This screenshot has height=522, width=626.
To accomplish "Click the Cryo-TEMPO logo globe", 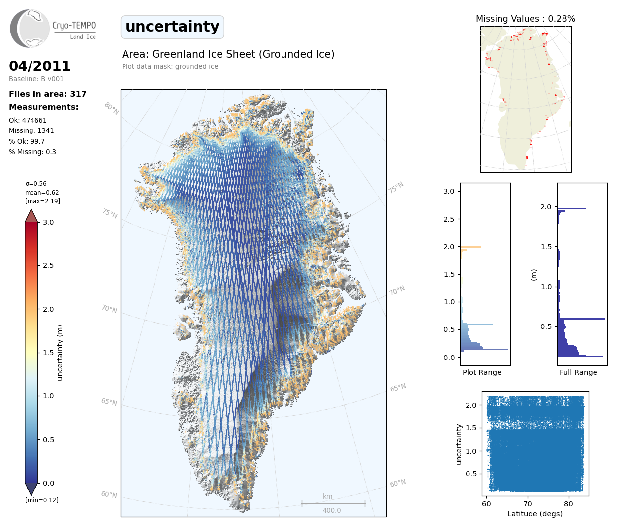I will (x=30, y=29).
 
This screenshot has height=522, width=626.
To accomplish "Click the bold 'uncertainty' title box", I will (x=172, y=27).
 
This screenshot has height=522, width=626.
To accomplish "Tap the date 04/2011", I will (x=39, y=66).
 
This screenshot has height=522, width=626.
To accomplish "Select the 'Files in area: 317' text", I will (x=48, y=94).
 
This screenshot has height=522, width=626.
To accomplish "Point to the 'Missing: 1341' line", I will (x=31, y=130).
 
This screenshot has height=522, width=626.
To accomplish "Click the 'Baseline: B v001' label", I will (x=36, y=79).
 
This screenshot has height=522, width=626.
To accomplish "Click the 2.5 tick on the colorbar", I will (x=48, y=265).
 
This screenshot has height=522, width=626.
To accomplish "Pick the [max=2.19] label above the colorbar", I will (x=42, y=201).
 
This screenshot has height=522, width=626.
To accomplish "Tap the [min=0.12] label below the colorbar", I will (x=41, y=500).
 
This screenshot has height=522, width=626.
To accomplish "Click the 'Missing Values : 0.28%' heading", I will (x=525, y=19).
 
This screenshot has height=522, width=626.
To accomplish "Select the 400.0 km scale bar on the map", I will (x=333, y=503).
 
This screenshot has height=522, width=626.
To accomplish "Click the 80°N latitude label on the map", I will (x=111, y=109).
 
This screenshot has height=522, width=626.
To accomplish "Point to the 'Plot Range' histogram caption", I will (x=482, y=372).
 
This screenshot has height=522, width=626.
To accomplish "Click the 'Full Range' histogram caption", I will (x=578, y=372).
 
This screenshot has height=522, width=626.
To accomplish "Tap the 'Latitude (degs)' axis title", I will (x=534, y=514).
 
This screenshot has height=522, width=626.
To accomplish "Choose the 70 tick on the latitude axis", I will (x=528, y=503).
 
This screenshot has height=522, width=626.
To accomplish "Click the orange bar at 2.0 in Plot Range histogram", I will (x=470, y=247).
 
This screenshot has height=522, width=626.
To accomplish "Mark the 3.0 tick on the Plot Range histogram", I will (x=449, y=191).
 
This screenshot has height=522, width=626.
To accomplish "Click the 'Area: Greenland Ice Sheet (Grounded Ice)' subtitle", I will (x=228, y=54).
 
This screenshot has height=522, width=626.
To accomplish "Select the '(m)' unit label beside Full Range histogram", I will (x=534, y=275).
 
